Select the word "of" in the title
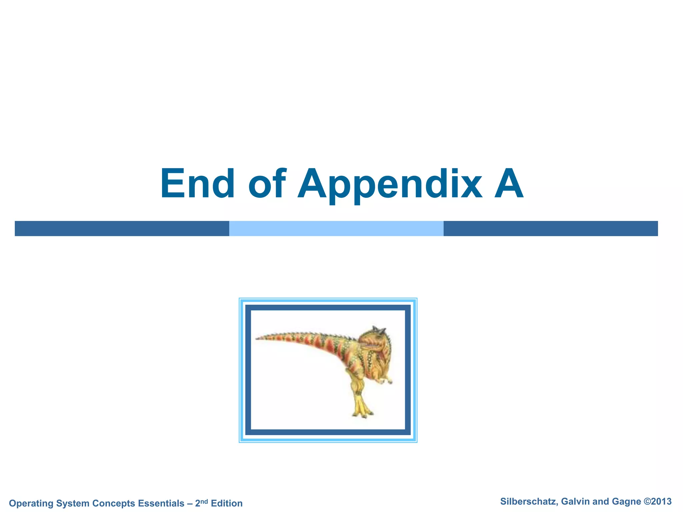[x=267, y=184]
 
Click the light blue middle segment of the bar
[x=336, y=229]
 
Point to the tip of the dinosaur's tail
[x=257, y=339]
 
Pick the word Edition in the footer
[x=227, y=503]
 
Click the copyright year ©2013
[x=657, y=502]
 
